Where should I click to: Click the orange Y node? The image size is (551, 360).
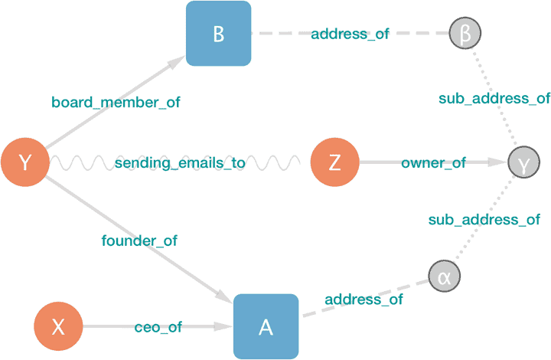25,162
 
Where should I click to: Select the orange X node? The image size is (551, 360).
57,327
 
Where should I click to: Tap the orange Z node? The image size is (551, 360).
335,162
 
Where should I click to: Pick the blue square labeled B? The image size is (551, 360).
219,34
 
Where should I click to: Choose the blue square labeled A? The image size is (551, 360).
266,326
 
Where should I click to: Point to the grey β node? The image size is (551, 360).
465,34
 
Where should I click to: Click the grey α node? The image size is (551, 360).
445,276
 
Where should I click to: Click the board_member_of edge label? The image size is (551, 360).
116,102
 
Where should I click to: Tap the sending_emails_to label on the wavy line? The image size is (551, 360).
181,163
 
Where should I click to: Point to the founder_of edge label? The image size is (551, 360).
139,241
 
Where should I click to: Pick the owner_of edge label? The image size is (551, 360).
433,163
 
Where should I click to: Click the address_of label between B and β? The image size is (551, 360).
350,34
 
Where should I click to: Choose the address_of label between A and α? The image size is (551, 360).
364,299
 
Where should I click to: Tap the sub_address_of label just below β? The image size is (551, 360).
494,98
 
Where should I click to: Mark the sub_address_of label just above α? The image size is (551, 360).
484,220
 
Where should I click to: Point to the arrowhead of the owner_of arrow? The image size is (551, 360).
500,162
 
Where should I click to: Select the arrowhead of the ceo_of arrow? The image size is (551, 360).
225,326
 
